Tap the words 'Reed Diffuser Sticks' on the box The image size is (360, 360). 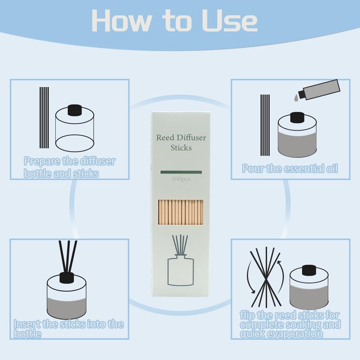(x=181, y=142)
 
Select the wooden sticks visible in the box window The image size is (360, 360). (x=181, y=213)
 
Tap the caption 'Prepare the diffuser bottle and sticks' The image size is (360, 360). (x=70, y=167)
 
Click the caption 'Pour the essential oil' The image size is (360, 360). (x=290, y=169)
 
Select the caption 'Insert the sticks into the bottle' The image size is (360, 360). (x=68, y=329)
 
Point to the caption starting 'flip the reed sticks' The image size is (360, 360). (x=290, y=324)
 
